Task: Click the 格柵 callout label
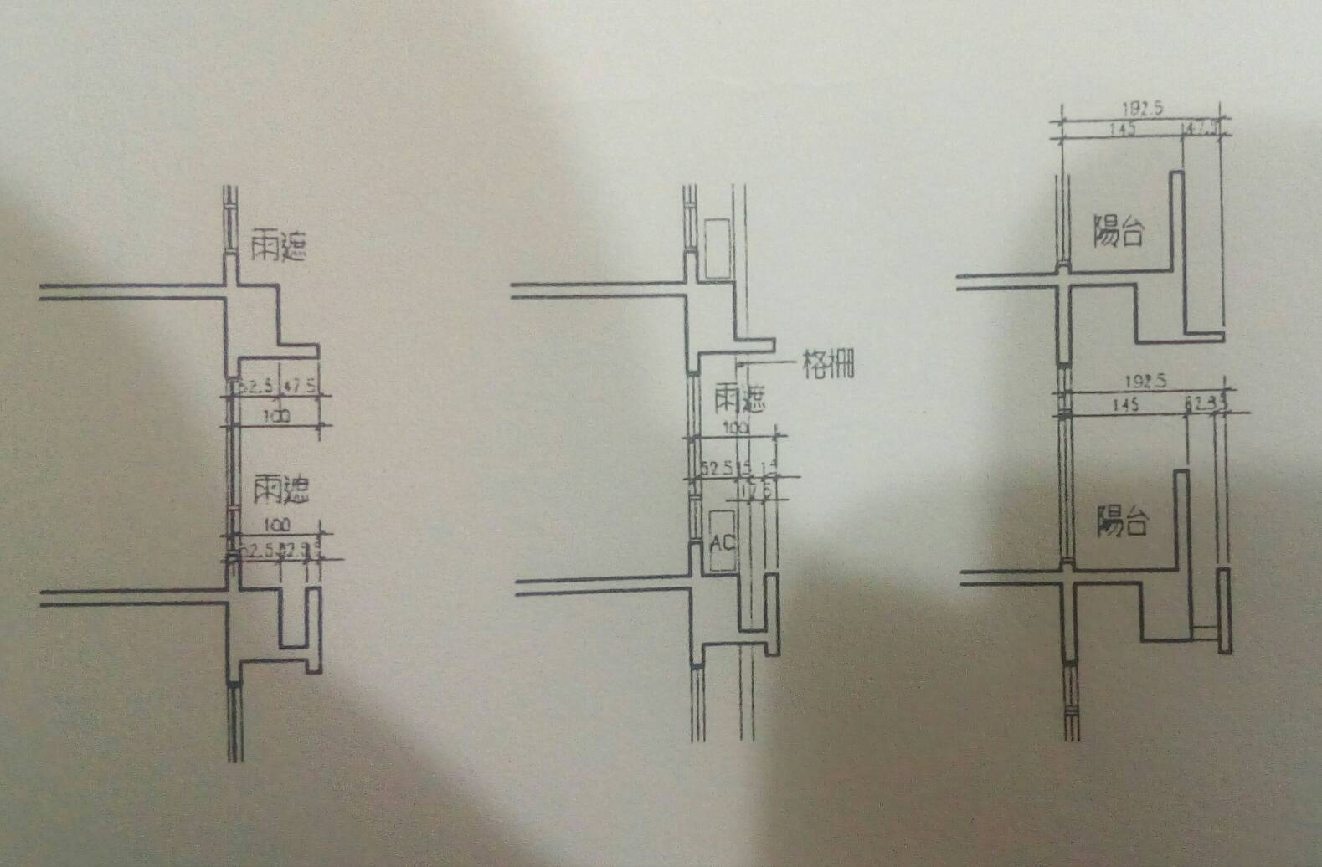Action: pos(828,364)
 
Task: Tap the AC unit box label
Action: pos(722,542)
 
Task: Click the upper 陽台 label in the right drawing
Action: pos(1119,230)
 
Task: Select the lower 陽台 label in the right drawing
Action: pos(1122,522)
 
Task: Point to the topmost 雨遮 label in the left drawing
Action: pos(279,246)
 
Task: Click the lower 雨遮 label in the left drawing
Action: pos(281,490)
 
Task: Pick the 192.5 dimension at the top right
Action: pos(1141,109)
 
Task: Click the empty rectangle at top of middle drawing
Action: pos(718,249)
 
